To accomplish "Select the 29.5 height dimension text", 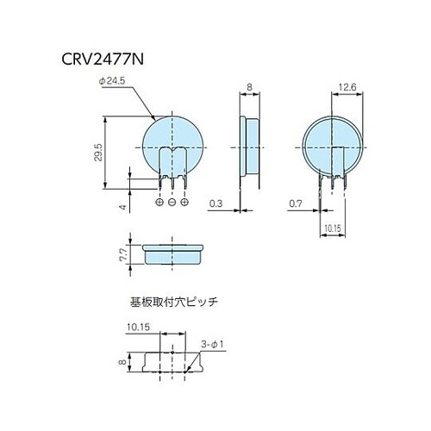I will [x=99, y=153].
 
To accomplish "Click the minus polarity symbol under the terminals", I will [x=172, y=202].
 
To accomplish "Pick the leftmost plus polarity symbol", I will [x=160, y=202].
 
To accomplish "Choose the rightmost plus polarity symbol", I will [x=184, y=202].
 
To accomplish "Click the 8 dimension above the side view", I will [x=248, y=86].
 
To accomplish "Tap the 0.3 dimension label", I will [x=216, y=203].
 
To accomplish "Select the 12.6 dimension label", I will [x=347, y=86].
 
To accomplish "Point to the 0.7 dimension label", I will [x=295, y=203].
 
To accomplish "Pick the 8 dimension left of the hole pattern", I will [x=123, y=363].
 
